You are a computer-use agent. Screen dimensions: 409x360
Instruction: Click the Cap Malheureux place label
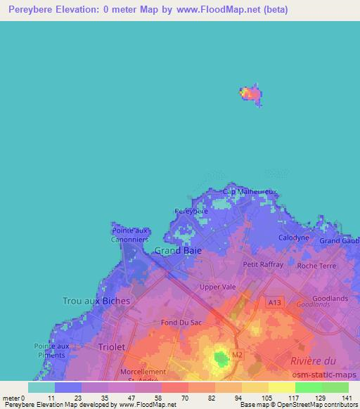point(250,191)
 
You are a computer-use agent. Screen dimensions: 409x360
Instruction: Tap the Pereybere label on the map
point(191,211)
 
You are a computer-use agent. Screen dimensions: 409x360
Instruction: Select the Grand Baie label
point(178,250)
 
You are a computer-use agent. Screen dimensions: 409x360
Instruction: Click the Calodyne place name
point(294,238)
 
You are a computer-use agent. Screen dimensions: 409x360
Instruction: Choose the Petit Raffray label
point(263,264)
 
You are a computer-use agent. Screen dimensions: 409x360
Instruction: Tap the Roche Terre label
point(316,266)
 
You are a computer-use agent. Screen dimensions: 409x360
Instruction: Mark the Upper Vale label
point(217,287)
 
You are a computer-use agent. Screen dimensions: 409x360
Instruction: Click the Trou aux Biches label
point(96,301)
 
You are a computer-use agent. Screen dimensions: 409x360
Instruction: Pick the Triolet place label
point(111,347)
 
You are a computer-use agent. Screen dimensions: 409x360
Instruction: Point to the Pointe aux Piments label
point(52,350)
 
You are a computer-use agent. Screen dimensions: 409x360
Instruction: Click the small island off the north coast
point(251,93)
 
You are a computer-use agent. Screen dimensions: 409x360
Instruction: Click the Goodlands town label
point(330,298)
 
